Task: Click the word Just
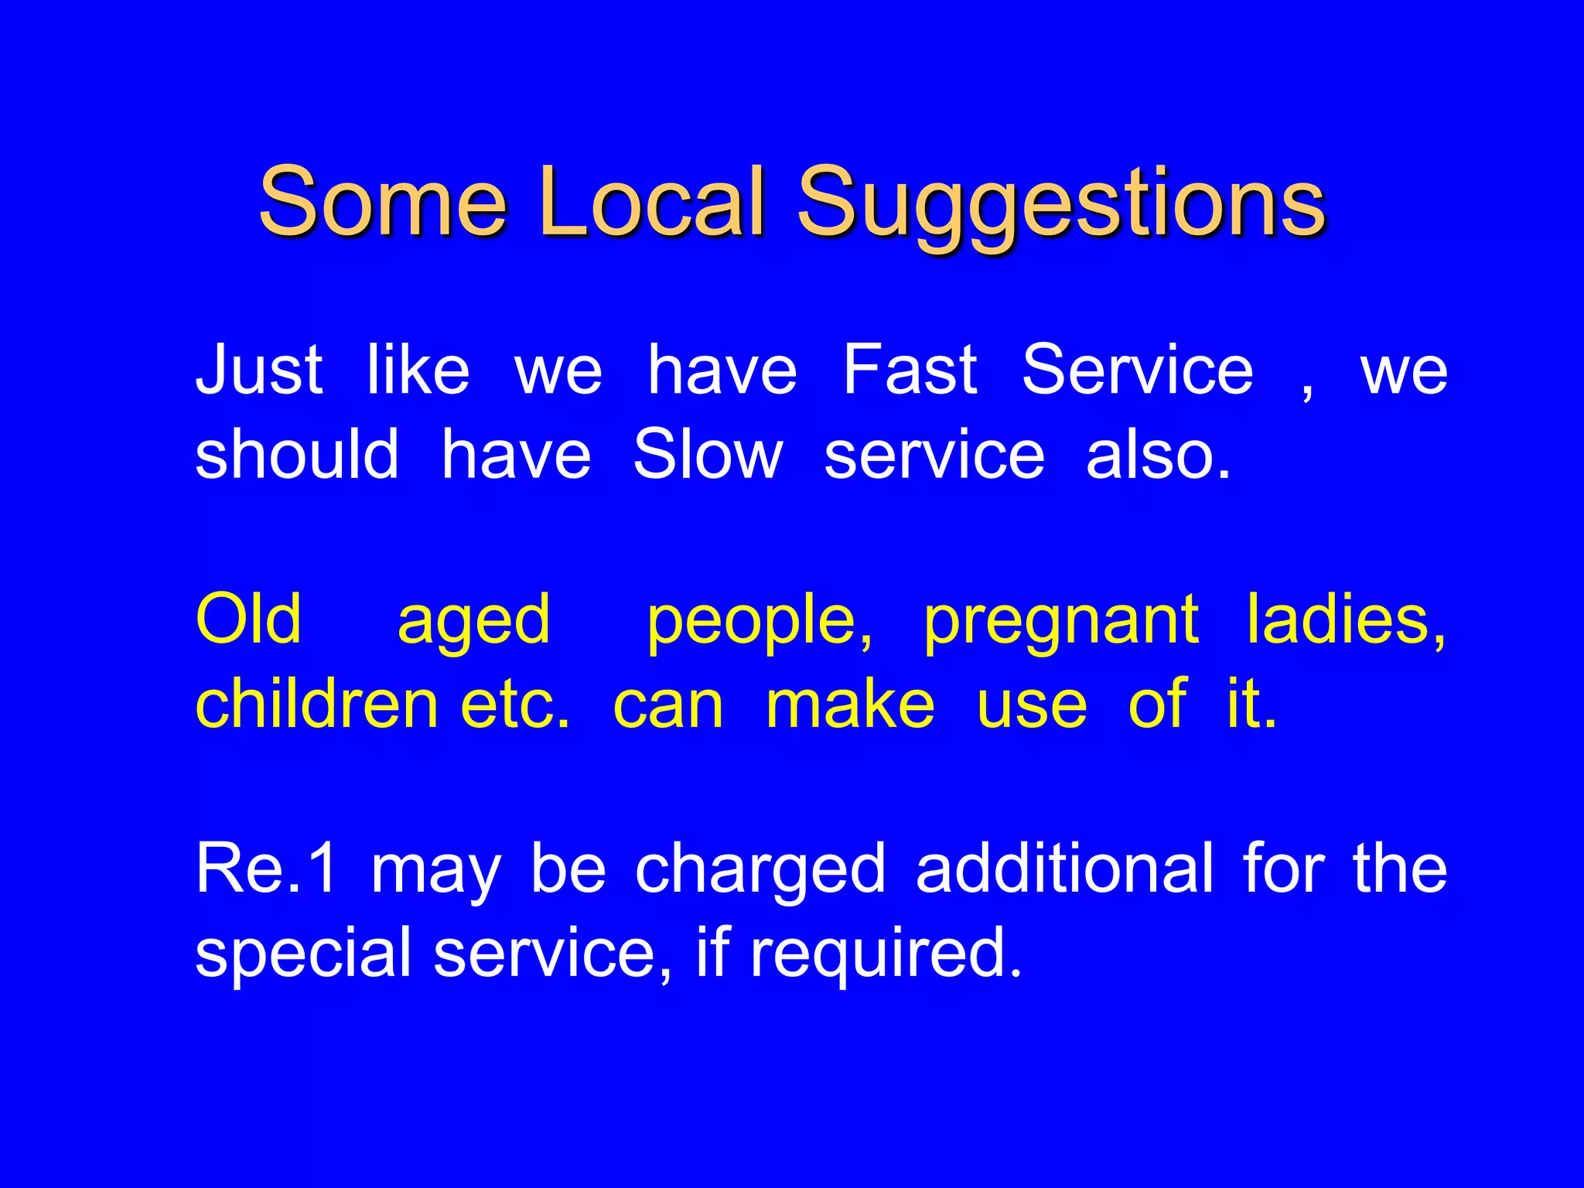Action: click(x=259, y=370)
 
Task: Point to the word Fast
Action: click(x=910, y=370)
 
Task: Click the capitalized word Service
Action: click(x=1137, y=370)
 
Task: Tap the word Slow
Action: click(x=708, y=455)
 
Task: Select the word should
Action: click(x=297, y=455)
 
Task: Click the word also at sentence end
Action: click(x=1157, y=455)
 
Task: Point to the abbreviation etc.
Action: click(x=515, y=705)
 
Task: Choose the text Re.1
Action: click(x=266, y=869)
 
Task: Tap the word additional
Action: click(x=1064, y=869)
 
